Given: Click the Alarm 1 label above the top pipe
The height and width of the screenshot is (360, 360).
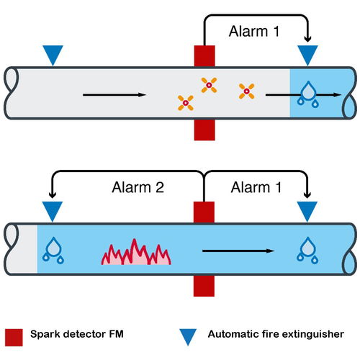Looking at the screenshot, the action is (254, 32).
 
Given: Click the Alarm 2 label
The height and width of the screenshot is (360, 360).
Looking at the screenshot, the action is (138, 187).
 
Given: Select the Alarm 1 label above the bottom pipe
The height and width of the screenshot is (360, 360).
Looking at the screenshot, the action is (256, 187).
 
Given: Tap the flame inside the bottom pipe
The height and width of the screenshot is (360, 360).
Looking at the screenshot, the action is (136, 252).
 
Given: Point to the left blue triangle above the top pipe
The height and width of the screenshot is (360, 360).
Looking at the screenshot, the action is (53, 54).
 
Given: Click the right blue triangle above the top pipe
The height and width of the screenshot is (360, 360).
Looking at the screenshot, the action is (307, 54).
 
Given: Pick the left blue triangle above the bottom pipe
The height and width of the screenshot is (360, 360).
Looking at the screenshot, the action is (53, 210).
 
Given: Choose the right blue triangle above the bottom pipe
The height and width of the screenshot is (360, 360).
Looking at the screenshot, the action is (307, 210).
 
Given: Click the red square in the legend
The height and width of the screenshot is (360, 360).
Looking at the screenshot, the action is (14, 338).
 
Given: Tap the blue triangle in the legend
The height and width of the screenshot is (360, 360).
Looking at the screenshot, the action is (188, 337).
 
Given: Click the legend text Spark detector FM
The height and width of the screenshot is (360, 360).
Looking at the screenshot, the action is (77, 334).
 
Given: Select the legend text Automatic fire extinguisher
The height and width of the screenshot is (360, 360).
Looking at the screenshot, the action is (276, 334).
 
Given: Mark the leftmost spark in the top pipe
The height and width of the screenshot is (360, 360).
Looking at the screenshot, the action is (186, 103).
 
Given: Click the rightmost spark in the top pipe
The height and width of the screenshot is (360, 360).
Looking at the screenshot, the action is (246, 91).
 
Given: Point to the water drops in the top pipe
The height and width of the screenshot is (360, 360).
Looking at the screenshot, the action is (308, 94).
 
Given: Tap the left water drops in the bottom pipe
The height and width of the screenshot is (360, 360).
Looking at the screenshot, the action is (53, 251).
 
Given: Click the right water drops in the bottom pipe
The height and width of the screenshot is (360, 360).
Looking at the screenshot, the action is (307, 251).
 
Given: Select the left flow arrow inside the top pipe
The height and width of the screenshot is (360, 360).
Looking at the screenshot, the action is (114, 95).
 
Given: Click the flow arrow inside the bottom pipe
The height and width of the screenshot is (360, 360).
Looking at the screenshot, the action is (238, 251).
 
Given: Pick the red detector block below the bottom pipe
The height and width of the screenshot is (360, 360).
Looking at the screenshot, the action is (204, 286).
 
